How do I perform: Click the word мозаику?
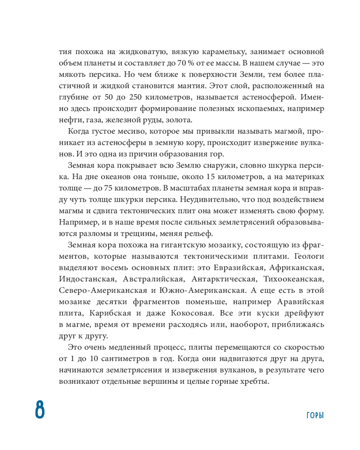click(x=216, y=244)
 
